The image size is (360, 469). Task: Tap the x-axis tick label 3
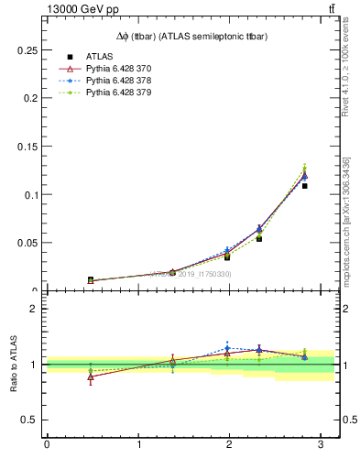[321, 445]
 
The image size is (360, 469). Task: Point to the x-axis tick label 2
[230, 445]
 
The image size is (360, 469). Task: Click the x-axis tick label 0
[47, 445]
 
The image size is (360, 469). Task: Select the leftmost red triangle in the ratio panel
[91, 376]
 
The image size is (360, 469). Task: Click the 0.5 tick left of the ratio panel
[32, 420]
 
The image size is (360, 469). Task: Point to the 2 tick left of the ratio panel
[35, 309]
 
